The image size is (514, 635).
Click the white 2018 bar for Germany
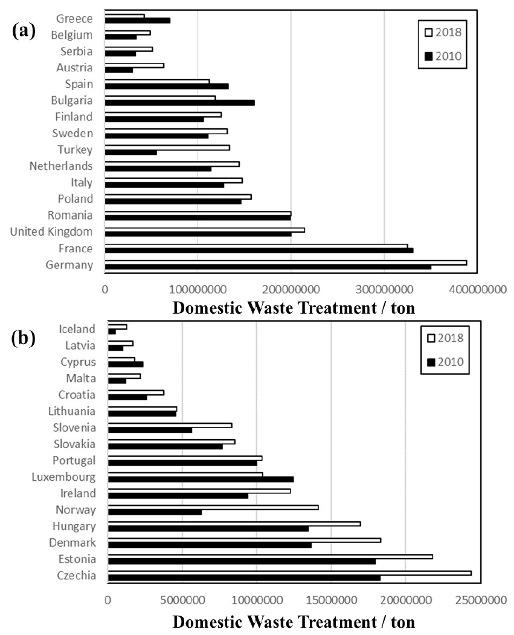[x=285, y=262]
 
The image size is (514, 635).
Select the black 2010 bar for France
[x=259, y=250]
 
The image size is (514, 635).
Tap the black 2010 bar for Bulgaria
[x=179, y=103]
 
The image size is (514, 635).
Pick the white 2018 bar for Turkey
[x=167, y=148]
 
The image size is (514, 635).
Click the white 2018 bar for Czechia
[x=289, y=573]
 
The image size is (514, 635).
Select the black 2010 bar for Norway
[x=155, y=512]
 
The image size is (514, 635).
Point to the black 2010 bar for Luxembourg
[x=201, y=480]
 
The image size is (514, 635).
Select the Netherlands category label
[x=61, y=166]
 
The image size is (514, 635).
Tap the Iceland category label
[x=77, y=329]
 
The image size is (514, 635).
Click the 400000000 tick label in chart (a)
[x=477, y=290]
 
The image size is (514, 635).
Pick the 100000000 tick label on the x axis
[x=198, y=290]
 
